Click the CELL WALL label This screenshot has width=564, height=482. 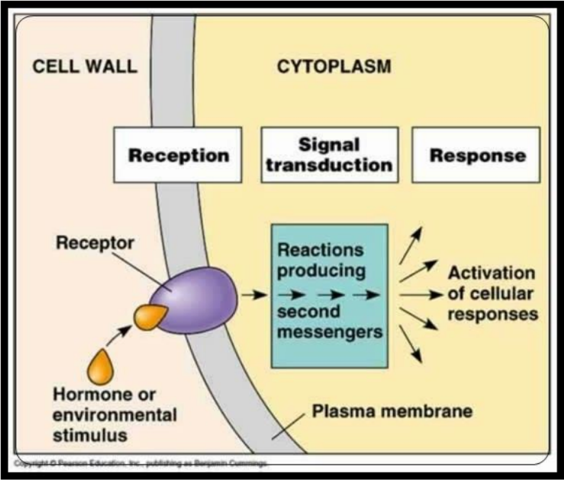click(85, 67)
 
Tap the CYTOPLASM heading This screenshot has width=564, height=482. click(334, 67)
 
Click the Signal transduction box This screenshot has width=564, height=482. click(330, 154)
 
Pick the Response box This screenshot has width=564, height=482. click(477, 155)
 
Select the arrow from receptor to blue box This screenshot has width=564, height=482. click(254, 295)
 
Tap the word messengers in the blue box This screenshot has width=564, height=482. click(330, 332)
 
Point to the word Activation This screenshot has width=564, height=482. click(492, 273)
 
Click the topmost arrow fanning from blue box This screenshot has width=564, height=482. click(411, 245)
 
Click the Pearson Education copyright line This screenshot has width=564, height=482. click(140, 463)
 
